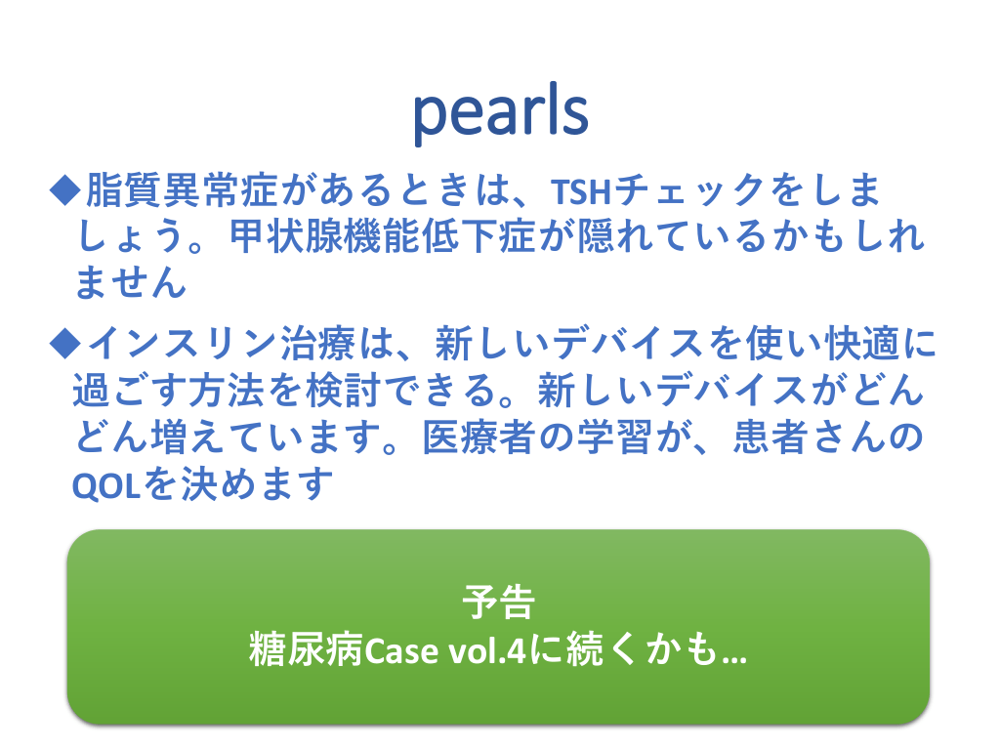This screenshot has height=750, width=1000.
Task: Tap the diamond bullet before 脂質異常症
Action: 65,190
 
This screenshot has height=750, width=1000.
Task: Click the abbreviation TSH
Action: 581,191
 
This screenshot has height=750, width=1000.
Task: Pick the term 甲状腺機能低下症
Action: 383,236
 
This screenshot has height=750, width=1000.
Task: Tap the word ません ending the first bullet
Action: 130,282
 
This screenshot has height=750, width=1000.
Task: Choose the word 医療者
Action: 479,437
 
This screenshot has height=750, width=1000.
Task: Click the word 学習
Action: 614,437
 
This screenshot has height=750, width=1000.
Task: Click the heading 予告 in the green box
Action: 499,603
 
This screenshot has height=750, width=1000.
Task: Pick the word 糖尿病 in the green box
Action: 306,649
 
